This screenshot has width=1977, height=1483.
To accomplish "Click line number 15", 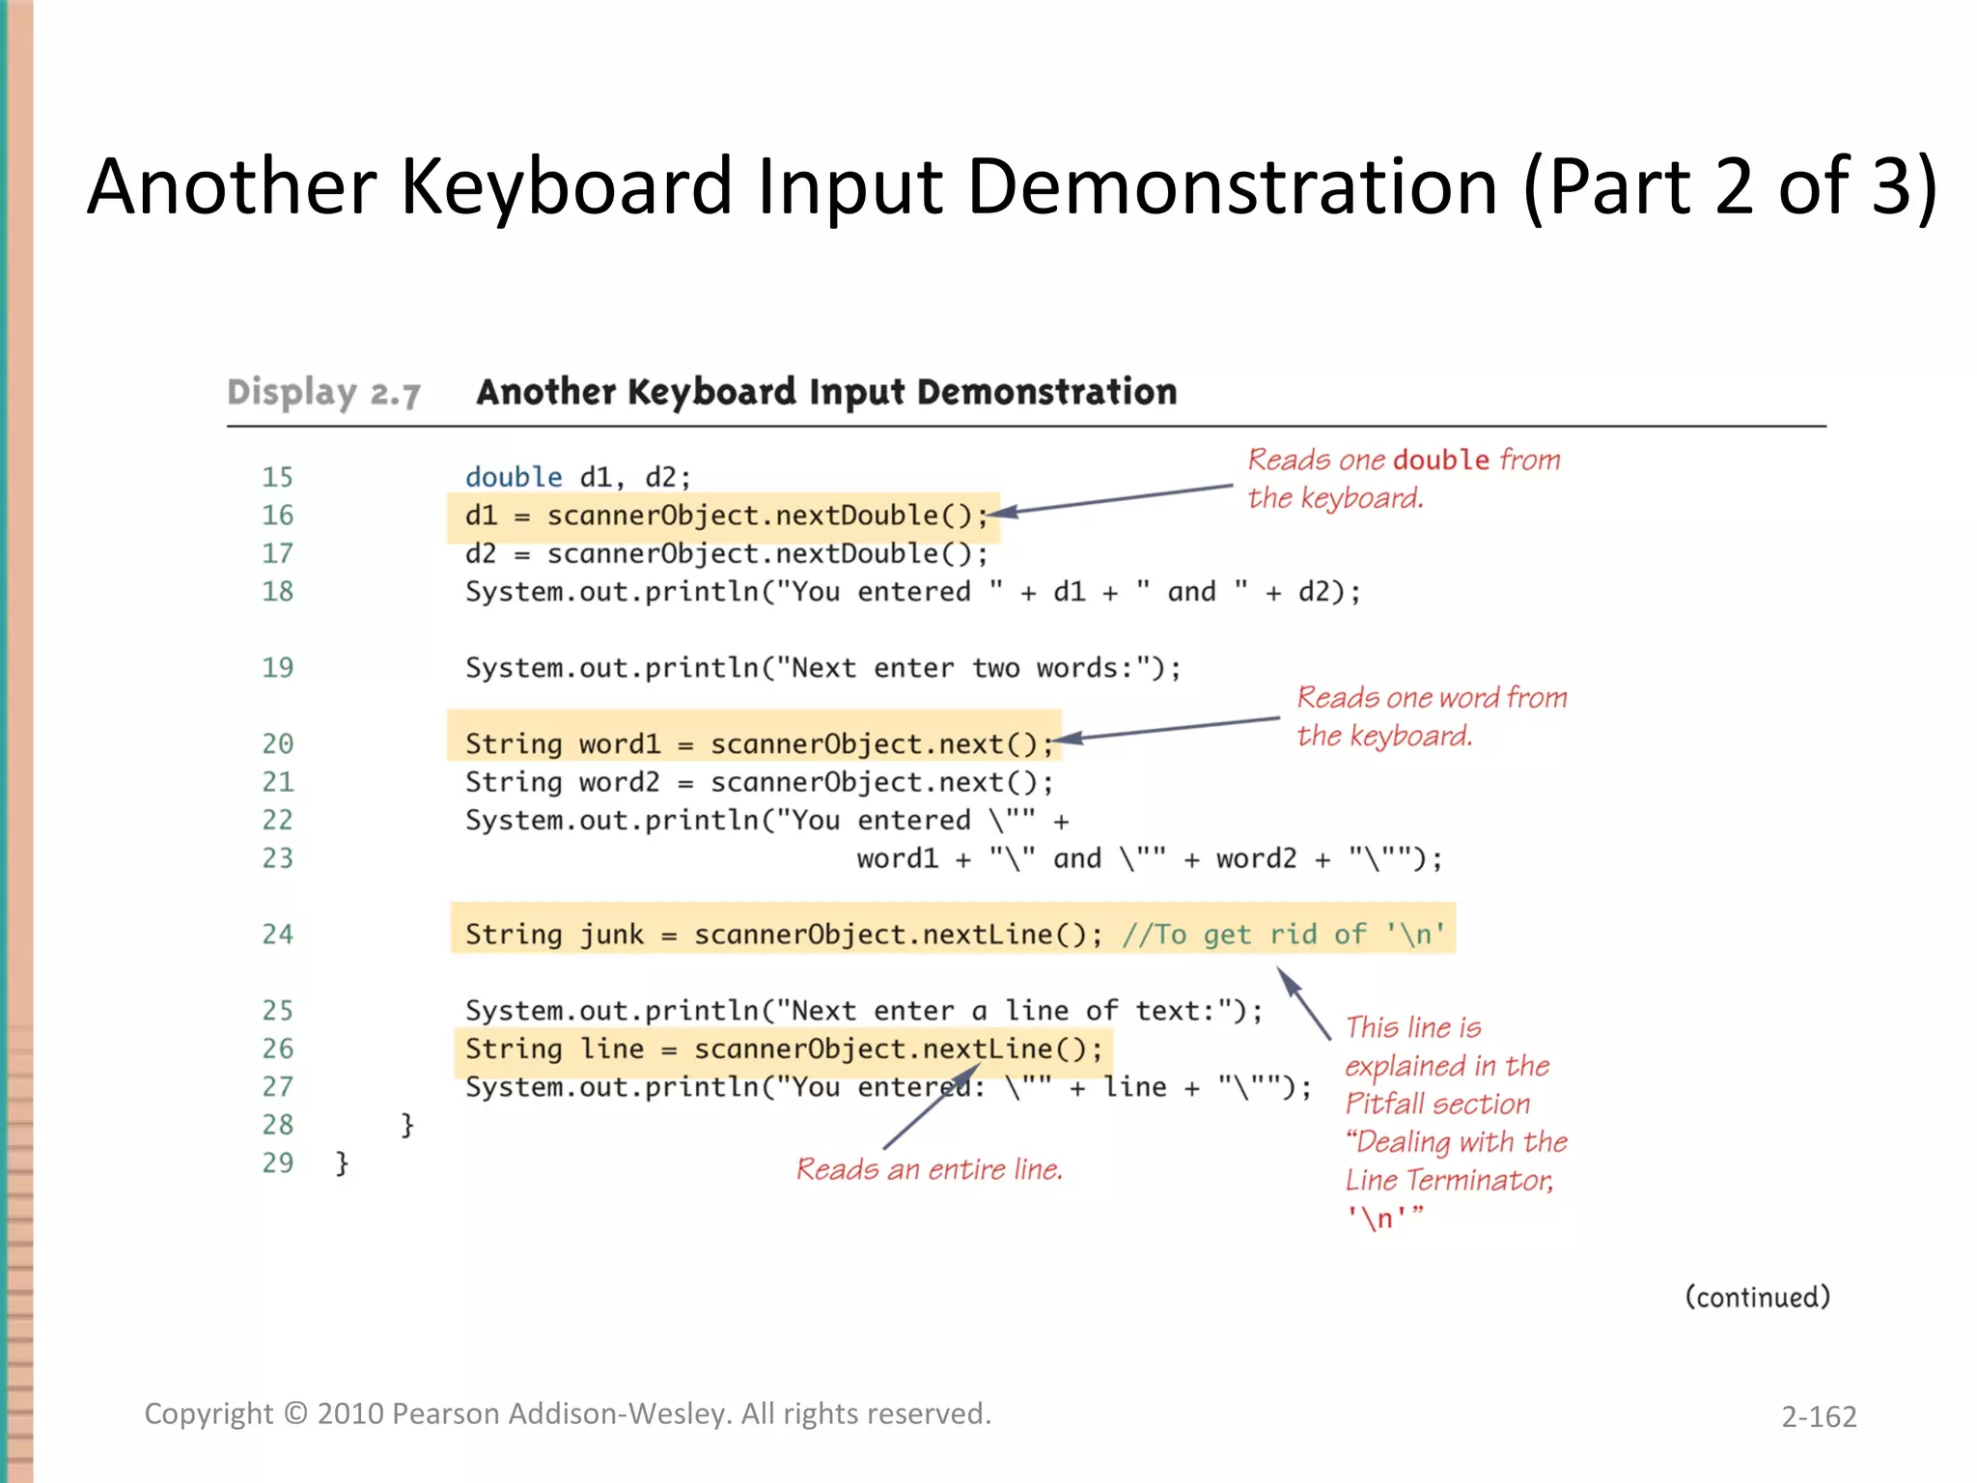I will pyautogui.click(x=277, y=477).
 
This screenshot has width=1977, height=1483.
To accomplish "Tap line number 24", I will pyautogui.click(x=277, y=935).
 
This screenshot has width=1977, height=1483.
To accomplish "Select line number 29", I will pyautogui.click(x=277, y=1162).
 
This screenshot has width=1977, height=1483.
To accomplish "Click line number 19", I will pyautogui.click(x=277, y=668).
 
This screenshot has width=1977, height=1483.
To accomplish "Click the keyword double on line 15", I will pyautogui.click(x=514, y=477).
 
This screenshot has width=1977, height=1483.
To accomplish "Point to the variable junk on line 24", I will pyautogui.click(x=612, y=935).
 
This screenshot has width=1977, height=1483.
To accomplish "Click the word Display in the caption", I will pyautogui.click(x=292, y=393).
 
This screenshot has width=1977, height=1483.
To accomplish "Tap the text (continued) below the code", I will pyautogui.click(x=1757, y=1297).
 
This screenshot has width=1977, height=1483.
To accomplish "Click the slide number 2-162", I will pyautogui.click(x=1819, y=1416).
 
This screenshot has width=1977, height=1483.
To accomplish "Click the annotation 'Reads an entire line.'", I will pyautogui.click(x=929, y=1170).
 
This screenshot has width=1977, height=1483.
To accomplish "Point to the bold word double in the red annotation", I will pyautogui.click(x=1441, y=460).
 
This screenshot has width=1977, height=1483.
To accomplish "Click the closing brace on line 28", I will pyautogui.click(x=407, y=1125).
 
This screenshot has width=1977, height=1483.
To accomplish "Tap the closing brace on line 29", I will pyautogui.click(x=342, y=1162).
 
